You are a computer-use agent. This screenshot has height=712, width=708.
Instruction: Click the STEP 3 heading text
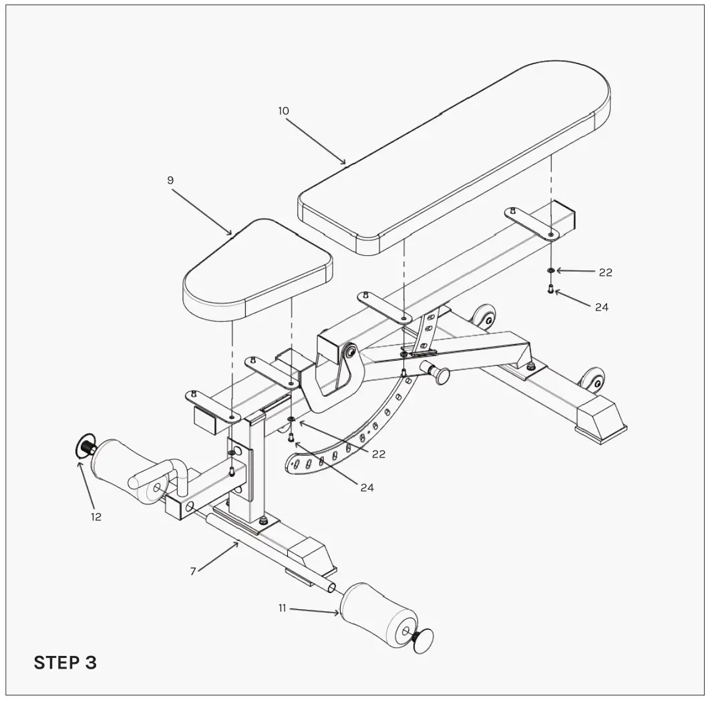[65, 663]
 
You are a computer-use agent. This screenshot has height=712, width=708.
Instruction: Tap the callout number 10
[284, 111]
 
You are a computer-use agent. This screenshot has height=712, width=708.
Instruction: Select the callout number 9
[170, 180]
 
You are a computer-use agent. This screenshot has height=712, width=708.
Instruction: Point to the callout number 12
[96, 516]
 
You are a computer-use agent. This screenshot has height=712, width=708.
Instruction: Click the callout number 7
[193, 571]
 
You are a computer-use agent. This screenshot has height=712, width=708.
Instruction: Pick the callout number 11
[283, 608]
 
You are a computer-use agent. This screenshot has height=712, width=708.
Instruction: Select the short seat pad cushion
[257, 267]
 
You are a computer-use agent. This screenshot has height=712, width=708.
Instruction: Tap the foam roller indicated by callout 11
[377, 614]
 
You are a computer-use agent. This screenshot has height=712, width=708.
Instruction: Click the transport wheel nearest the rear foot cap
[592, 381]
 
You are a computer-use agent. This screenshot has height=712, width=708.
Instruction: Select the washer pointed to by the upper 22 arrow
[550, 271]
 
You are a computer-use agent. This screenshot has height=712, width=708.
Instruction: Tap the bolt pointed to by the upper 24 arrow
[550, 289]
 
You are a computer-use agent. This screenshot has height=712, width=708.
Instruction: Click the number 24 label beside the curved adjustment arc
[367, 488]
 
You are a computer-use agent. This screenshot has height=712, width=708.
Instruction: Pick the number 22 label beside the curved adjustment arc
[379, 454]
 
